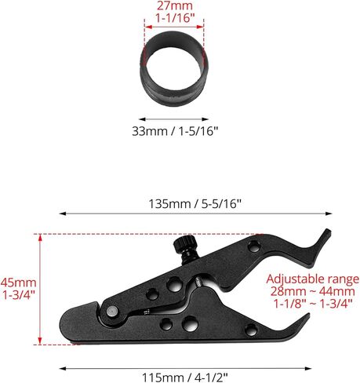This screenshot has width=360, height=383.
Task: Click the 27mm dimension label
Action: [175, 5]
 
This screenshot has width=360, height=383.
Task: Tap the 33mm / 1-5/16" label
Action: [175, 131]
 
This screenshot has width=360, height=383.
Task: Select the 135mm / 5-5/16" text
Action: [195, 204]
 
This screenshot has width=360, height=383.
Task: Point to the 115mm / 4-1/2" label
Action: [185, 378]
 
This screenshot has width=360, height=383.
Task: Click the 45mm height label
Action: [18, 283]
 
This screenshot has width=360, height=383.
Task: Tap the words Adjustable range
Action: [313, 279]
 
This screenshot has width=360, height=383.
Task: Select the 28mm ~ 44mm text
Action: [313, 291]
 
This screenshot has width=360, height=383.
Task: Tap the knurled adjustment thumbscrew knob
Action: [185, 243]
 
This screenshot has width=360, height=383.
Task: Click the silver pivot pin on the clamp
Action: [112, 312]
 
